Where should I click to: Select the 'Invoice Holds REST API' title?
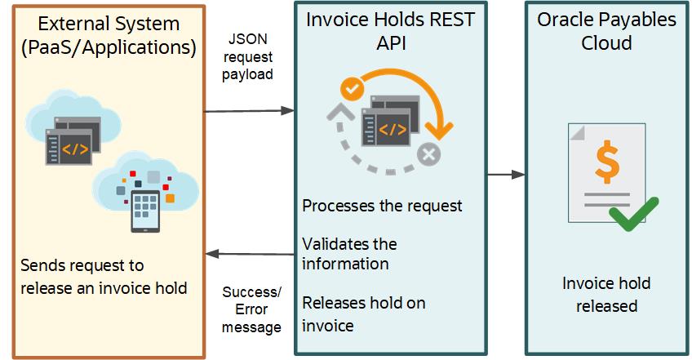[x=389, y=31]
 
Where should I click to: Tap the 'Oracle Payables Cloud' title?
[x=605, y=31]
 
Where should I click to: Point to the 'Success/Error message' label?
[x=251, y=309]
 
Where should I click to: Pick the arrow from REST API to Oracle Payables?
[x=506, y=174]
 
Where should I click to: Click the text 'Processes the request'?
[x=382, y=205]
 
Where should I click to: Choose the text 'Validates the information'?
[x=349, y=253]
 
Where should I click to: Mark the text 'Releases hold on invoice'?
[x=363, y=313]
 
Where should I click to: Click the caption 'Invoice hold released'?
[x=605, y=295]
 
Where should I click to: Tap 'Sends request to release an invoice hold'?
[x=104, y=276]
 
